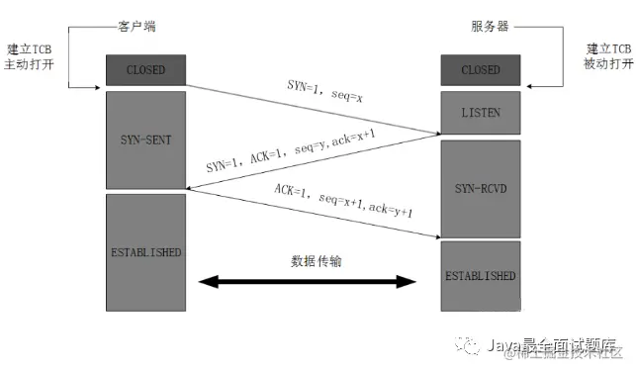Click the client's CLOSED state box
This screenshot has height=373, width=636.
(x=145, y=69)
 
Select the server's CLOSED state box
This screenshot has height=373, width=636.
(x=481, y=69)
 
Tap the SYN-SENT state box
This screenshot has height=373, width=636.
(x=145, y=140)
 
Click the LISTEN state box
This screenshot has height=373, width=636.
(x=481, y=113)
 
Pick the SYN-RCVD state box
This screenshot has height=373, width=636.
(x=481, y=187)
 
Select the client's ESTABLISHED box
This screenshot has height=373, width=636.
(x=145, y=252)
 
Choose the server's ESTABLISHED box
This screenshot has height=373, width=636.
(x=481, y=276)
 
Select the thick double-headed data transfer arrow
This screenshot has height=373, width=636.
(x=308, y=282)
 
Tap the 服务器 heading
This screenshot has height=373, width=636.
(x=489, y=27)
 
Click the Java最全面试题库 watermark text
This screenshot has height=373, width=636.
(x=554, y=343)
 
